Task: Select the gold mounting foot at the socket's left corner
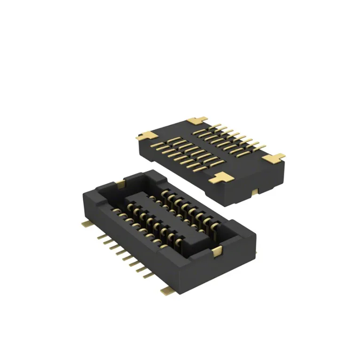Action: [86, 223]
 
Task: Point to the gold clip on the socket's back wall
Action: [121, 182]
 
